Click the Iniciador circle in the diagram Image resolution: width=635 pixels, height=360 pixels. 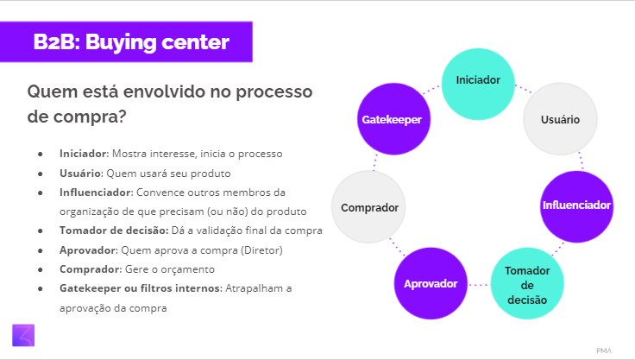[x=477, y=80]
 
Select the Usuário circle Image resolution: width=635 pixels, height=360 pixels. [x=559, y=119]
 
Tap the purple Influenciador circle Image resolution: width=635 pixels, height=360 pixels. [x=576, y=205]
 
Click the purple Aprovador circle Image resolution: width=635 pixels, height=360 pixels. [x=431, y=284]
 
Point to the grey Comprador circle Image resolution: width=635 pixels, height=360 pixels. [x=368, y=207]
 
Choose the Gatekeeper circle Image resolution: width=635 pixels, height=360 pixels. [x=391, y=120]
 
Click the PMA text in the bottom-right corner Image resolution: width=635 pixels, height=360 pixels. [x=603, y=350]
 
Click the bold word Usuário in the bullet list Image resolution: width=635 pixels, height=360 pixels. [x=79, y=173]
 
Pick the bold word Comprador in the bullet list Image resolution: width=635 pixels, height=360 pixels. [x=86, y=269]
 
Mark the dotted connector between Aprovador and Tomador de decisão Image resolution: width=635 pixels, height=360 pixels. [x=479, y=284]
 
